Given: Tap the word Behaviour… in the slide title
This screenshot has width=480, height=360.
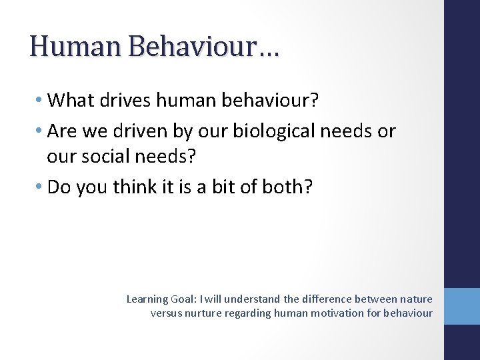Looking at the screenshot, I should pos(204,46).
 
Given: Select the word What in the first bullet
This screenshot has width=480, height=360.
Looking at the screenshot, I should pos(71,100).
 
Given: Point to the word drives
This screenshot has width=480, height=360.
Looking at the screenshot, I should pos(126,100).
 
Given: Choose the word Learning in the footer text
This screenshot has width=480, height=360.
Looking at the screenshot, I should pos(147,299).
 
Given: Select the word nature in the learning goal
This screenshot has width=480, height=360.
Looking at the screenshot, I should pos(415,299).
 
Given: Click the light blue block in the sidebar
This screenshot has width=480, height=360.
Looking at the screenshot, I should pos(461,306).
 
